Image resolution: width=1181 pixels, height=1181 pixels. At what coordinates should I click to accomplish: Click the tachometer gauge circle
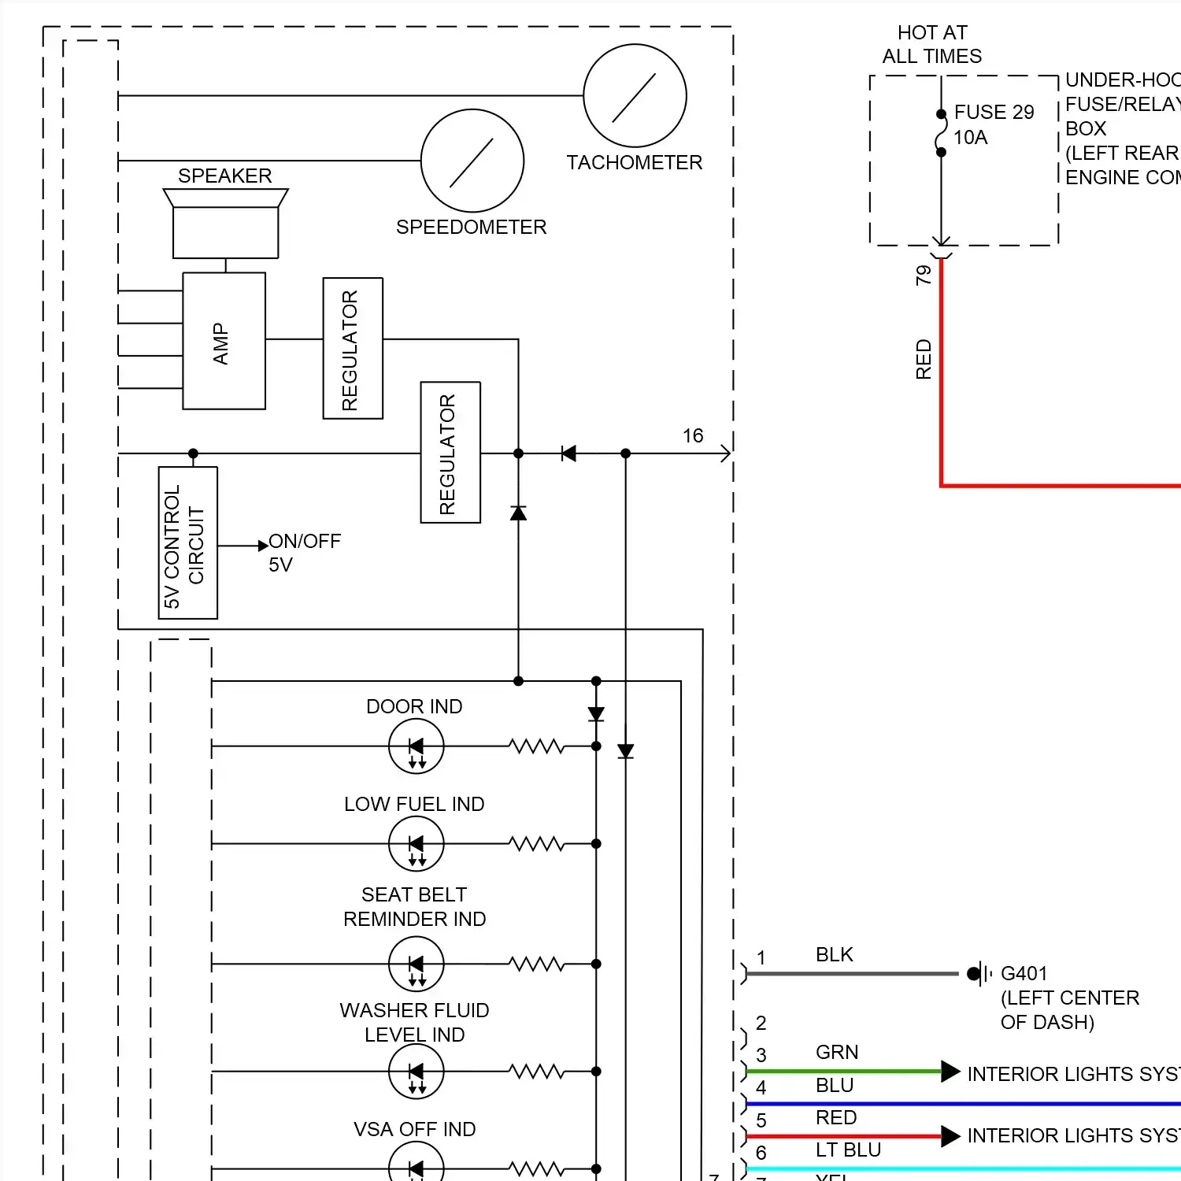click(x=635, y=95)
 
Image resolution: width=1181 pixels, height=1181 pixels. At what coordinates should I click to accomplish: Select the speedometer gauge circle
click(x=472, y=161)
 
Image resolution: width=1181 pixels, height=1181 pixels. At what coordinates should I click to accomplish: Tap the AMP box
click(x=224, y=341)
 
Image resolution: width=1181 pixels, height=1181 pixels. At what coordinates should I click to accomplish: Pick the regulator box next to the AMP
click(x=353, y=348)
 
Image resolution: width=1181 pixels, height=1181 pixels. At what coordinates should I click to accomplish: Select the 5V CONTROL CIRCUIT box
click(x=187, y=542)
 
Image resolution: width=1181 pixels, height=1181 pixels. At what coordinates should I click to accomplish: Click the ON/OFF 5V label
click(x=303, y=553)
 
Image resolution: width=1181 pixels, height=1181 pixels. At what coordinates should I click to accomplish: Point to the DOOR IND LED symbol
click(x=416, y=746)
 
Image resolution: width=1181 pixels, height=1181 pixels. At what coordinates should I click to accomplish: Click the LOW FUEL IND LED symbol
click(x=416, y=844)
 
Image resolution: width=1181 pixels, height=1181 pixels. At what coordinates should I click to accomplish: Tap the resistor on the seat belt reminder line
click(x=536, y=964)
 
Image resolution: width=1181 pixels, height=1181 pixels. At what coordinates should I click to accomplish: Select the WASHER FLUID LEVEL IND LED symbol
click(x=416, y=1072)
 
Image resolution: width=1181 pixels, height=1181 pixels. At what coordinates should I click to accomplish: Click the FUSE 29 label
click(x=994, y=113)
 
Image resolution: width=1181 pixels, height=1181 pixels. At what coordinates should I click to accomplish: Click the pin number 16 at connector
click(x=692, y=436)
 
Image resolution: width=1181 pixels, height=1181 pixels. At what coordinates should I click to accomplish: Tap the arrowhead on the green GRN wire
click(x=950, y=1072)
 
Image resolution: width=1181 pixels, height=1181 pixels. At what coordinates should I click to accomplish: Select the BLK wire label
click(x=834, y=955)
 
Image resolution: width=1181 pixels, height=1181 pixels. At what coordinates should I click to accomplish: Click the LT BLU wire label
click(x=847, y=1150)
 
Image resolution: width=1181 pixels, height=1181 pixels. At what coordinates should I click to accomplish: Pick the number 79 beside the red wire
click(x=924, y=275)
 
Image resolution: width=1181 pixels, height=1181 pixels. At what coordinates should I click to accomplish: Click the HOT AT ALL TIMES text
click(x=931, y=44)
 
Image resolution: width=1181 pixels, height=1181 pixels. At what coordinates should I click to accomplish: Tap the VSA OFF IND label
click(x=414, y=1130)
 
